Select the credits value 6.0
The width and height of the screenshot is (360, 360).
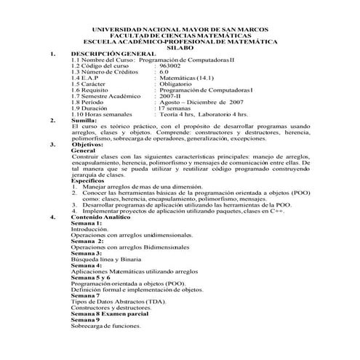[164, 73]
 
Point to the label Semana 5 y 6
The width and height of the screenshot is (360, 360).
[91, 276]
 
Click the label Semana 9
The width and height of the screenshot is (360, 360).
[85, 319]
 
